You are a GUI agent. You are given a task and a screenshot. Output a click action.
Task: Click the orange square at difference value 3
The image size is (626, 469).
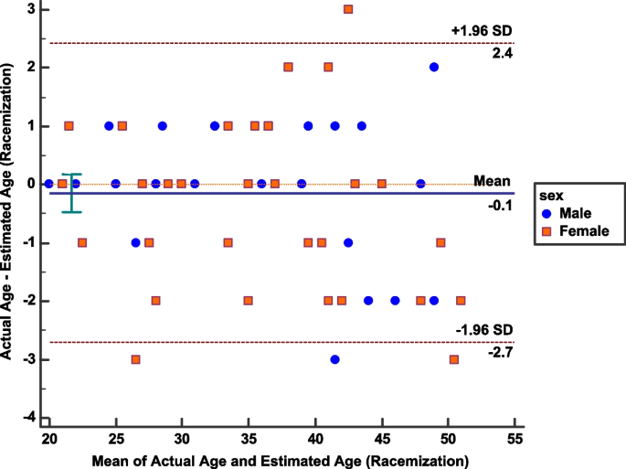point(348,9)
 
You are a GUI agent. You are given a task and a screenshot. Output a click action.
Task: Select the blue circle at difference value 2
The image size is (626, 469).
point(434,68)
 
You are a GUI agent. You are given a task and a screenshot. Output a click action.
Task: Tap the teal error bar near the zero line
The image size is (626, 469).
point(72,193)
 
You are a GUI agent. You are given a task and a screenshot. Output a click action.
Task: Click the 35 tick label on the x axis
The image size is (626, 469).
point(249,439)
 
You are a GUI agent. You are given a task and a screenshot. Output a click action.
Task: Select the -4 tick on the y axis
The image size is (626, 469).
point(31,419)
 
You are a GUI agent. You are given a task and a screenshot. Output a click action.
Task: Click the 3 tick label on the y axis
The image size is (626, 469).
point(35,9)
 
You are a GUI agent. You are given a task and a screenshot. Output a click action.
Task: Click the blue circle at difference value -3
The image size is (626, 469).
point(335,359)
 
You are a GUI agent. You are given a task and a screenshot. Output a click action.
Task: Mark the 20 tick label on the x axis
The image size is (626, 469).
point(48,439)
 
